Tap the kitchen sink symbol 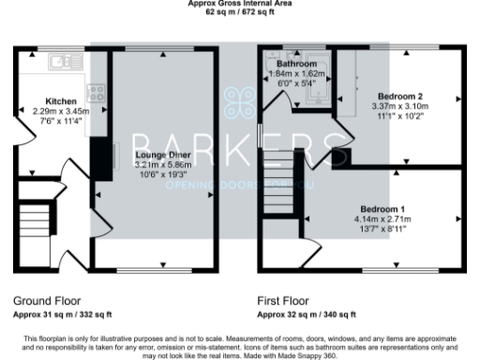64,63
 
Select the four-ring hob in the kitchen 95,93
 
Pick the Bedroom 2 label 401,97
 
